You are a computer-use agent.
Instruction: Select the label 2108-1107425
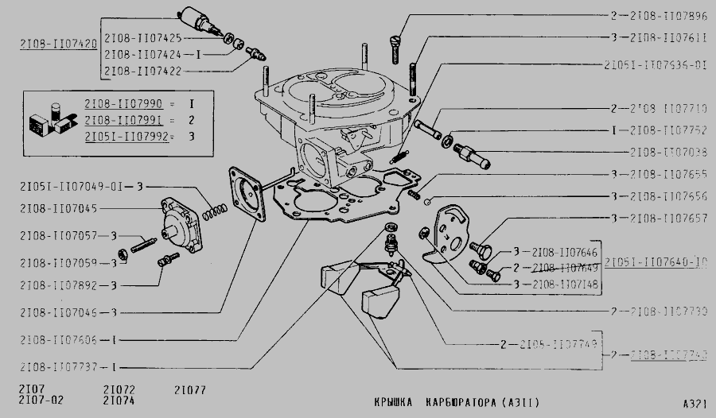tap(144, 37)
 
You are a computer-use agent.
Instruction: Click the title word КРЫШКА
tap(395, 402)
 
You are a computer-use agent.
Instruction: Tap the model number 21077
tap(189, 389)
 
